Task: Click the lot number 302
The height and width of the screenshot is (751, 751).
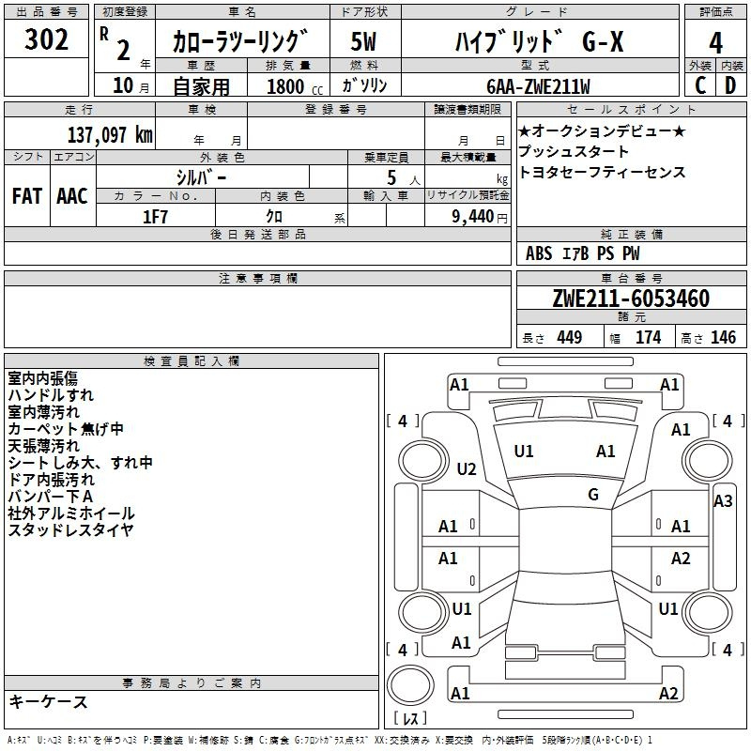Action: tap(48, 40)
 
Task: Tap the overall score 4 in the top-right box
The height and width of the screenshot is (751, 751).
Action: tap(715, 42)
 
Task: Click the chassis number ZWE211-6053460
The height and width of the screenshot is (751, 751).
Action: tap(631, 299)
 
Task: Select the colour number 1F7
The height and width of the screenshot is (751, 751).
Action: tap(156, 216)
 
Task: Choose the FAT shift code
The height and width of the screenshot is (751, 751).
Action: tap(26, 195)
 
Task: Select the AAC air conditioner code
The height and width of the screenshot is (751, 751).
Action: tap(72, 195)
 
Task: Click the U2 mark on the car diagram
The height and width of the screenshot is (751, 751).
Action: tap(467, 468)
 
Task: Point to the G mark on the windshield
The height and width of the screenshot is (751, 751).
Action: tap(592, 494)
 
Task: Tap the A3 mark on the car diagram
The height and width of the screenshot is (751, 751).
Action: tap(723, 500)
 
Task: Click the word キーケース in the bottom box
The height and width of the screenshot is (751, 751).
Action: tap(49, 701)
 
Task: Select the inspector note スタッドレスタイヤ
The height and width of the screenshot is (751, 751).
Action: tap(70, 530)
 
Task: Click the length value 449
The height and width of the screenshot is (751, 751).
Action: tap(566, 337)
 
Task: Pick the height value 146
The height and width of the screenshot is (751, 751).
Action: tap(723, 337)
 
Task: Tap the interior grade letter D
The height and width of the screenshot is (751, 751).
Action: tap(730, 85)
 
